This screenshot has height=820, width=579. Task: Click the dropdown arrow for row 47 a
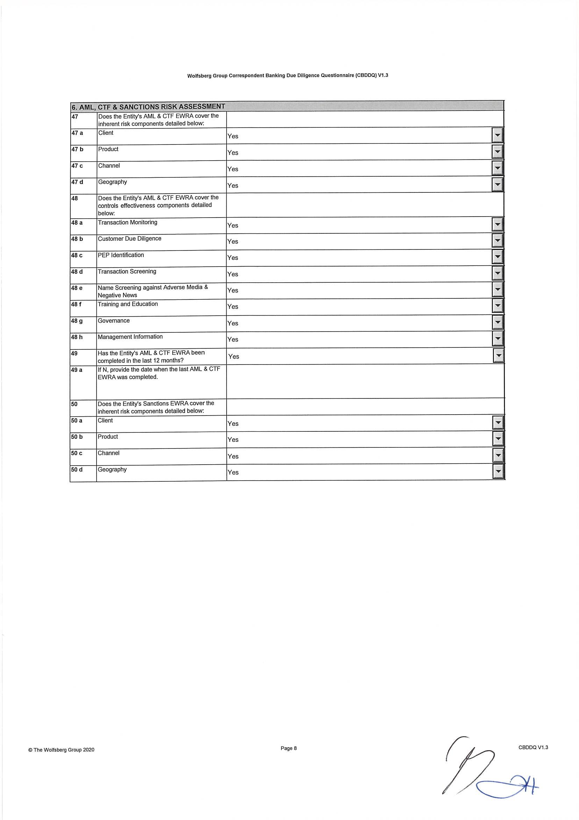pos(497,136)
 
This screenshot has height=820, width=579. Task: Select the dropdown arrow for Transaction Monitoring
pos(497,225)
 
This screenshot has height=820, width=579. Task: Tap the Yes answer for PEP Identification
pos(233,257)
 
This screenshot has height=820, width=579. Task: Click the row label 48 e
pos(77,288)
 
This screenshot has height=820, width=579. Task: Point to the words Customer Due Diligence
pos(130,239)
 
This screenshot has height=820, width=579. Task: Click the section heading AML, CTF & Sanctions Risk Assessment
pos(148,106)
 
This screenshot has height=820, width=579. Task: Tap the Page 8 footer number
pos(288,748)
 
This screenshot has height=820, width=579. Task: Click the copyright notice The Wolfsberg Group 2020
pos(62,750)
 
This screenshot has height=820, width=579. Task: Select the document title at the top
pos(287,76)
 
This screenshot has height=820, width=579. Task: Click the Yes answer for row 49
pos(234,356)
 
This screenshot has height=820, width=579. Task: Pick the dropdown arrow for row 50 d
pos(498,472)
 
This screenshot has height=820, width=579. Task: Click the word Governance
pos(114,321)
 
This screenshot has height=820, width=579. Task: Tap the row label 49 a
pos(77,370)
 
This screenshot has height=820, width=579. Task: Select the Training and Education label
pos(128,304)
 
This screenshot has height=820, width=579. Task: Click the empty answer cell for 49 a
pos(364,381)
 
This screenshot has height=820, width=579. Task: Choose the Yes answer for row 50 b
pos(233,440)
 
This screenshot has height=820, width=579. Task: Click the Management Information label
pos(130,337)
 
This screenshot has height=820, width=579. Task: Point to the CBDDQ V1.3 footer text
pos(533,747)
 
